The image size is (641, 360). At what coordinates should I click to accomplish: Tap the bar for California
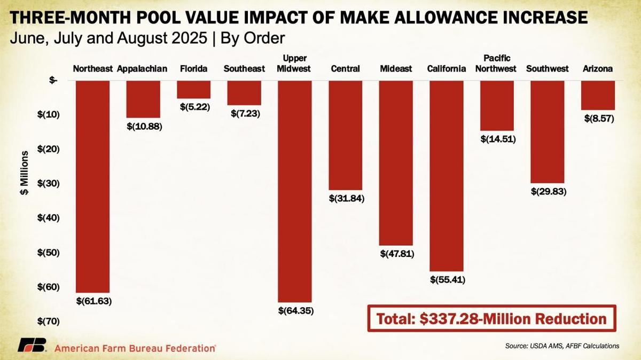[446, 176]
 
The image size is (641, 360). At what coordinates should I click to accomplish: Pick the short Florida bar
[193, 90]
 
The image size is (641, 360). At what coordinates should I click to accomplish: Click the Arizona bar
[598, 95]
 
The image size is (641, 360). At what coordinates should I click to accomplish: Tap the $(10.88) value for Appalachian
[144, 127]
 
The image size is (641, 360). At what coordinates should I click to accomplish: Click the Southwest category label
[547, 69]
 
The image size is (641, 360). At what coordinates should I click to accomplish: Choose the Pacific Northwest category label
[496, 63]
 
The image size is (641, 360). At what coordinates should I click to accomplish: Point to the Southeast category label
[244, 69]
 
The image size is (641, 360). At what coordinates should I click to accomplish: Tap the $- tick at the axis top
[53, 80]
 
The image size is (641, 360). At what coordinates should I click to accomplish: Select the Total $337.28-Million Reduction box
[491, 319]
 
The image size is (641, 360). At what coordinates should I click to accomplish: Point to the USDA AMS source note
[562, 346]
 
